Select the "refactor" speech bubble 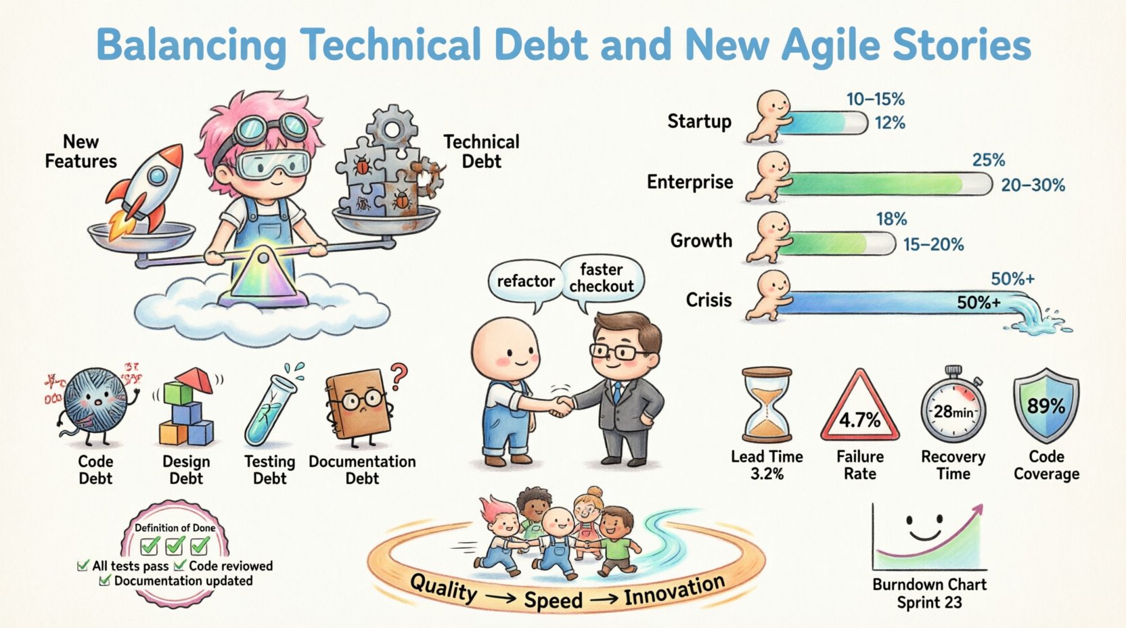[525, 282]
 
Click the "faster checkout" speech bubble [601, 277]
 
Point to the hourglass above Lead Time [767, 405]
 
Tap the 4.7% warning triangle [860, 409]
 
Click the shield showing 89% [1046, 405]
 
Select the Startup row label [699, 122]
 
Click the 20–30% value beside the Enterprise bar [1033, 185]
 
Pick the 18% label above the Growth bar [891, 219]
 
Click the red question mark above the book [400, 373]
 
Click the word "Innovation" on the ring [674, 589]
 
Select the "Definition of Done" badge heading [175, 527]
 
